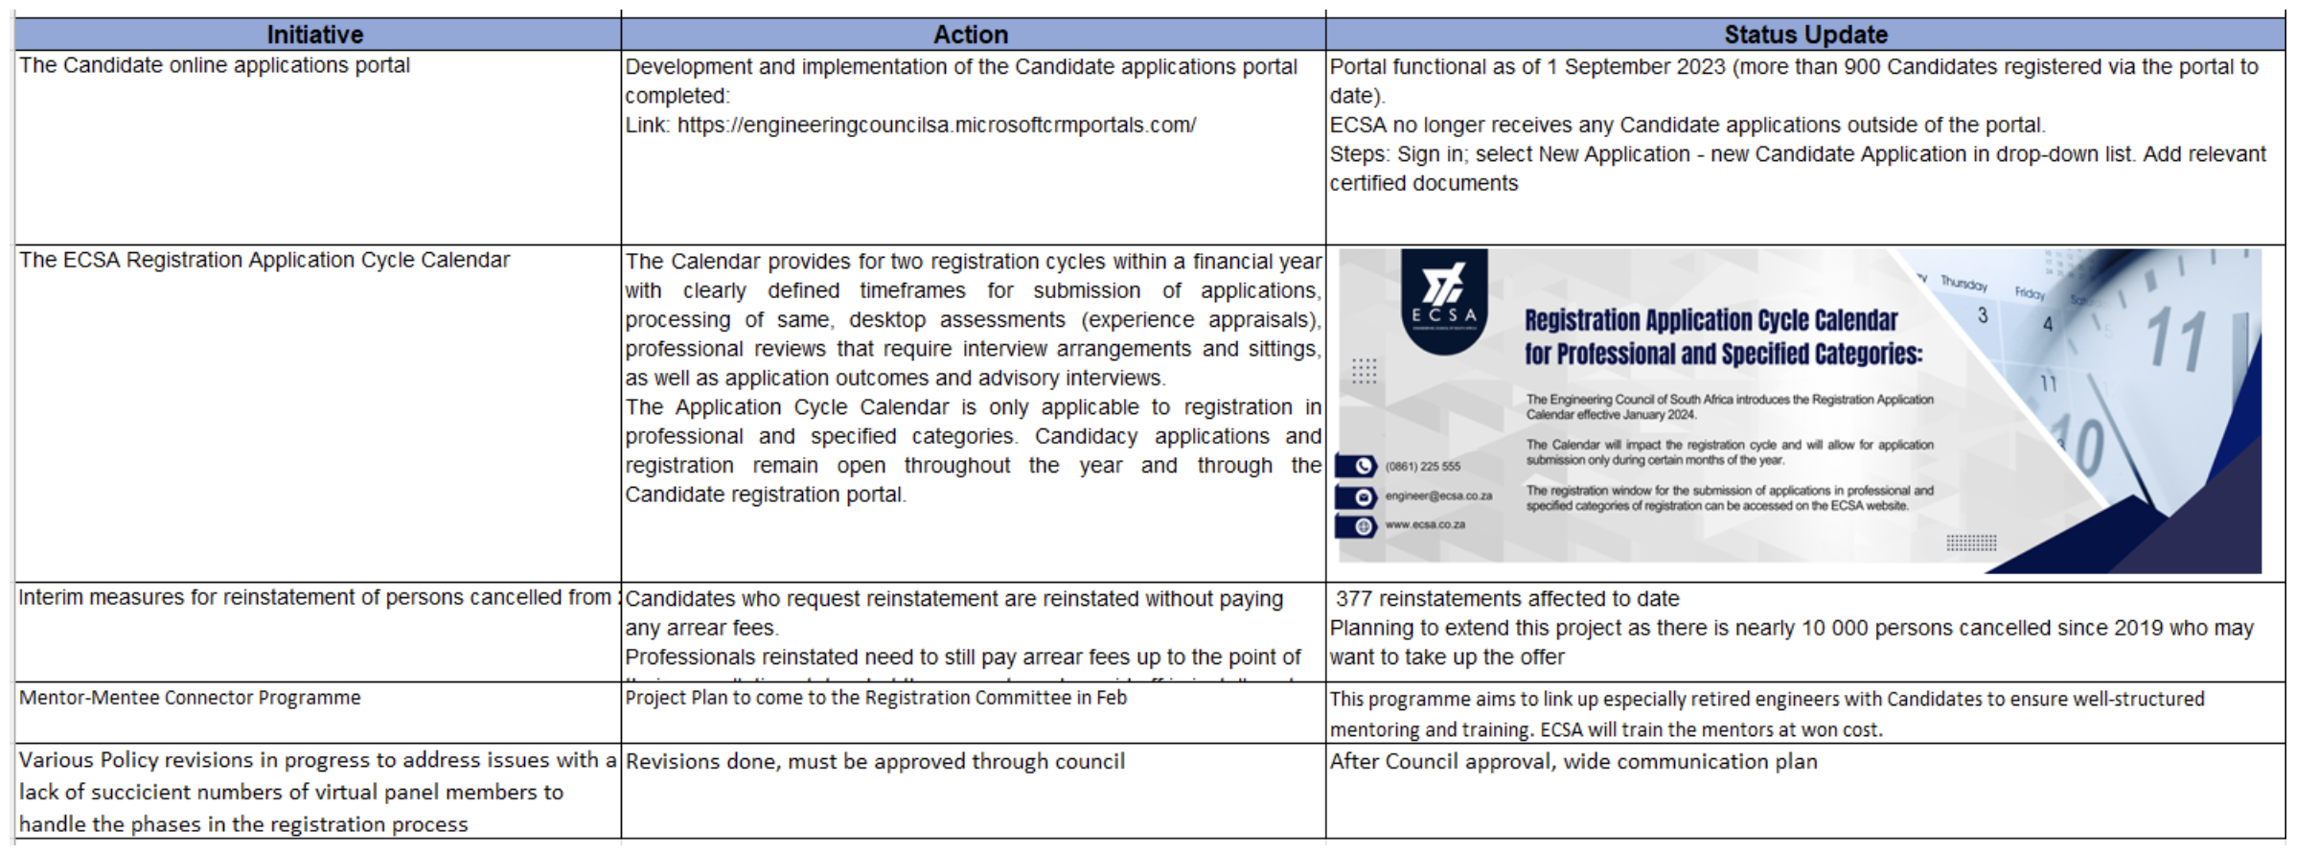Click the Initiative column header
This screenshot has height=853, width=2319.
pyautogui.click(x=315, y=35)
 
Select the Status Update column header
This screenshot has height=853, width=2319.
pyautogui.click(x=1805, y=35)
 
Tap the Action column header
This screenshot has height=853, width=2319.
pyautogui.click(x=971, y=35)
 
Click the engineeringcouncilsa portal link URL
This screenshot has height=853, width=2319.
pyautogui.click(x=936, y=126)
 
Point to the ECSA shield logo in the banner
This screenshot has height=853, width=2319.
pyautogui.click(x=1443, y=300)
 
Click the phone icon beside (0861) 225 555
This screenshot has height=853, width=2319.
pyautogui.click(x=1362, y=467)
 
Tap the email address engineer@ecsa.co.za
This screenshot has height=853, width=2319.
pyautogui.click(x=1438, y=496)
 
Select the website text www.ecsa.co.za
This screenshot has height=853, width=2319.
pyautogui.click(x=1425, y=525)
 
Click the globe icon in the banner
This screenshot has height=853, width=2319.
pyautogui.click(x=1362, y=526)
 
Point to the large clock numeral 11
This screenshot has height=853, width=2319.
pyautogui.click(x=2175, y=340)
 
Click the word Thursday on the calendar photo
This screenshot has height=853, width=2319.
pyautogui.click(x=1963, y=284)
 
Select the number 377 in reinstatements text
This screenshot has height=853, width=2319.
pyautogui.click(x=1354, y=599)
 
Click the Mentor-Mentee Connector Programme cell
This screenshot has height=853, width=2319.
pyautogui.click(x=190, y=698)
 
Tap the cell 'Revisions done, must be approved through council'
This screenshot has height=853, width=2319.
pyautogui.click(x=875, y=762)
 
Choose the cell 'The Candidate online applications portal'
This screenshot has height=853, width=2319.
pyautogui.click(x=215, y=65)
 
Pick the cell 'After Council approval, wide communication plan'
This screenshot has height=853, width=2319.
pyautogui.click(x=1573, y=762)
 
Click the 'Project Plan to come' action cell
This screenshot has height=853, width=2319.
pyautogui.click(x=876, y=698)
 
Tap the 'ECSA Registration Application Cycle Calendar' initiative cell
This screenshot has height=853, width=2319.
pyautogui.click(x=264, y=260)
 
